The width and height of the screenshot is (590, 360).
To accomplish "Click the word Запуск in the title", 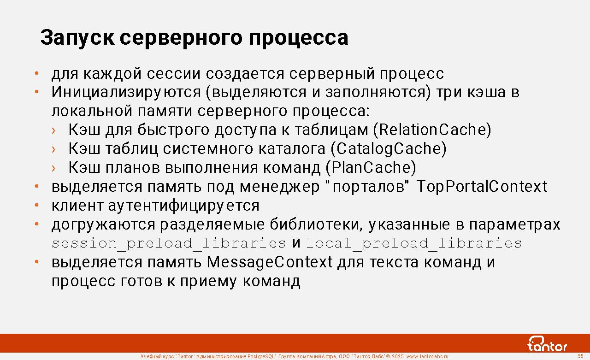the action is pos(77,38).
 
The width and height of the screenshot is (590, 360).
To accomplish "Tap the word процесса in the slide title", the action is pos(298,38).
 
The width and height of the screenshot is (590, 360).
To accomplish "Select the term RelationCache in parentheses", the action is pos(432,130).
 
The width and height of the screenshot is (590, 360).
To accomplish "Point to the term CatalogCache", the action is pos(389,149).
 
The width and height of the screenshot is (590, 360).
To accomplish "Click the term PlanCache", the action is pos(371,167).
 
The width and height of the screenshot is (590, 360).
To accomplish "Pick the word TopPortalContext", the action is pos(482,187).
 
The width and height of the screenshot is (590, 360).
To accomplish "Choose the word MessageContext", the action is pos(270,263).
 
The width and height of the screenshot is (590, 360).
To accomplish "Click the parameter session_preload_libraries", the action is pos(169,243).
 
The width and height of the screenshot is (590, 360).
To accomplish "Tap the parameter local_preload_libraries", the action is pos(414,243).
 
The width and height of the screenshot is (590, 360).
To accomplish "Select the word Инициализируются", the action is pos(126,93).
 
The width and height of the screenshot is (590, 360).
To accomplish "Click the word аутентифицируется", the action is pos(184,206).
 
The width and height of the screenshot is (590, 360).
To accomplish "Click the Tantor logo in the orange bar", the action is pos(547,344).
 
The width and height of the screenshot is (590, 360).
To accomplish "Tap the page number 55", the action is pos(580,356).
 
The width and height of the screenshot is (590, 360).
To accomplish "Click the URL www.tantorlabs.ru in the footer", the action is pos(427,356).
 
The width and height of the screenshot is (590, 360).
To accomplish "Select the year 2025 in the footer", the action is pos(397,356).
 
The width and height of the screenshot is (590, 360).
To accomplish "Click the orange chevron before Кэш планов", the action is pos(54,168).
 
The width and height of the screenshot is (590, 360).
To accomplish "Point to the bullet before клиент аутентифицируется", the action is pos(37,205).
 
